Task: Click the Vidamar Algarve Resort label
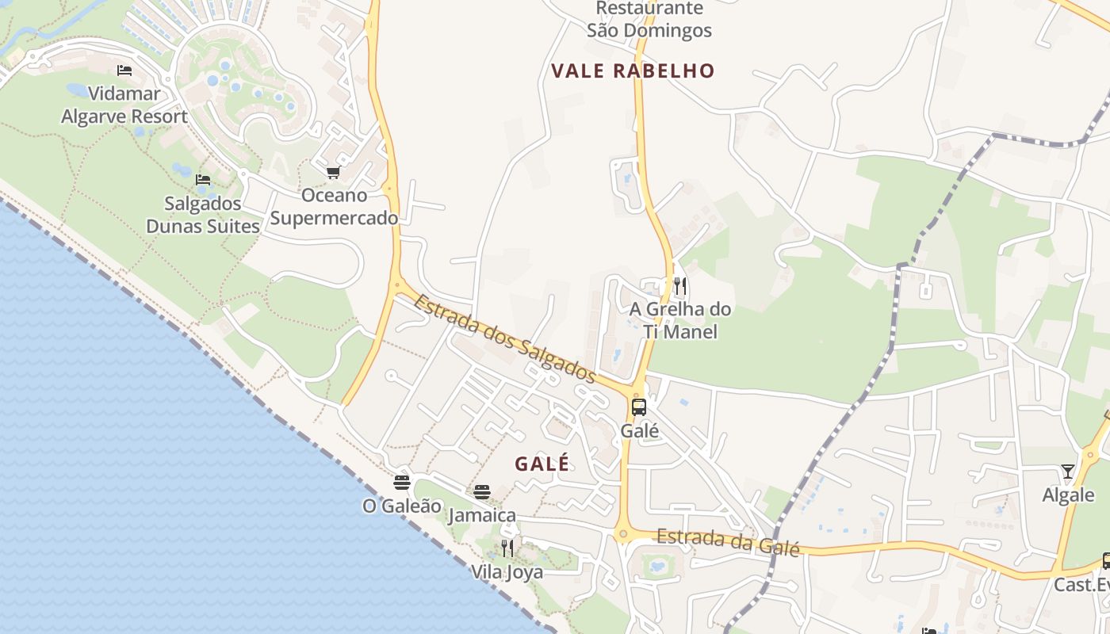pyautogui.click(x=124, y=105)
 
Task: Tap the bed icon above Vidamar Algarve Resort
pyautogui.click(x=124, y=71)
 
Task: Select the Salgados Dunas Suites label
pyautogui.click(x=203, y=214)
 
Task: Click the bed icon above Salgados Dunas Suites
pyautogui.click(x=203, y=180)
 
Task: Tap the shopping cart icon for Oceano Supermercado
pyautogui.click(x=333, y=172)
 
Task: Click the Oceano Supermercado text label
pyautogui.click(x=334, y=206)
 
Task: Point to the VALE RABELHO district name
pyautogui.click(x=633, y=71)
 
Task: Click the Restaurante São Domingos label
pyautogui.click(x=649, y=20)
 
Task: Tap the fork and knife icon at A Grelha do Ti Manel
pyautogui.click(x=679, y=285)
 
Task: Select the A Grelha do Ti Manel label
pyautogui.click(x=680, y=320)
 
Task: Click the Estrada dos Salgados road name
pyautogui.click(x=504, y=338)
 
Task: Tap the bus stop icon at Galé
pyautogui.click(x=639, y=407)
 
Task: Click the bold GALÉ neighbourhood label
pyautogui.click(x=542, y=464)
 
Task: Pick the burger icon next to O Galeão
pyautogui.click(x=402, y=482)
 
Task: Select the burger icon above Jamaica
pyautogui.click(x=482, y=492)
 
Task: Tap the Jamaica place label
pyautogui.click(x=482, y=515)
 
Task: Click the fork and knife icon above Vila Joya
pyautogui.click(x=507, y=548)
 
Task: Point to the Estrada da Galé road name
pyautogui.click(x=728, y=542)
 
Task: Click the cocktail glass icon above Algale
pyautogui.click(x=1068, y=472)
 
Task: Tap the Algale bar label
pyautogui.click(x=1068, y=495)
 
